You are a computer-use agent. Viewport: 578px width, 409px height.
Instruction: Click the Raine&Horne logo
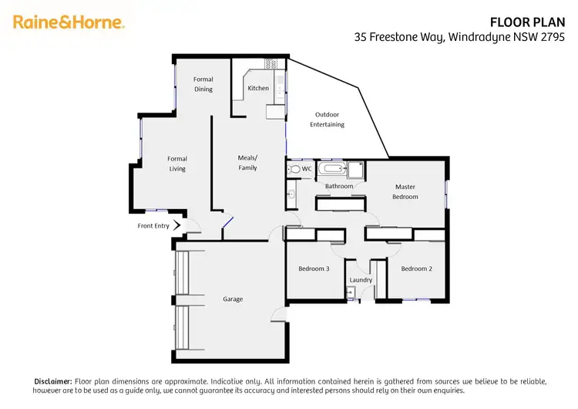(x=69, y=22)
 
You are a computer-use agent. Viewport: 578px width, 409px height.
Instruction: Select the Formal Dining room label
(x=203, y=84)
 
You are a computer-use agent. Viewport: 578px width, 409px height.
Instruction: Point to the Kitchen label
(x=258, y=88)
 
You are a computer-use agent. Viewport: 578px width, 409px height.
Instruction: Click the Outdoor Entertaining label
(x=327, y=120)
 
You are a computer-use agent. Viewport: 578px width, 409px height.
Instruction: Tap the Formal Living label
(x=177, y=164)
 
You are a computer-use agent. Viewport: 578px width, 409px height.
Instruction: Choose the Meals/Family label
(x=247, y=162)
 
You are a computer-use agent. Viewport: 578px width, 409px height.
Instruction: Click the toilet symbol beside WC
(x=294, y=168)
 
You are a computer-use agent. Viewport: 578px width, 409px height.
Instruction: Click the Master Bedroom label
(x=405, y=191)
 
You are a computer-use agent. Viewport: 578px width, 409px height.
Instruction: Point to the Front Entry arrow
(x=177, y=225)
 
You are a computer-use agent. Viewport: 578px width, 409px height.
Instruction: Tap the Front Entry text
(x=153, y=226)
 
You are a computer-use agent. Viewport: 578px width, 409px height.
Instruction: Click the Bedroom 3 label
(x=314, y=269)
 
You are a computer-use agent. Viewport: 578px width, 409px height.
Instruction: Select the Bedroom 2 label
(x=415, y=269)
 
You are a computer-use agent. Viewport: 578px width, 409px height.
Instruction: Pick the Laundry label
(x=361, y=280)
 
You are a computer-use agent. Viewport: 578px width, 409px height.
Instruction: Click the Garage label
(x=233, y=299)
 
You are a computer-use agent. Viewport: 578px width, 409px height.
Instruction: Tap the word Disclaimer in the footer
(x=53, y=381)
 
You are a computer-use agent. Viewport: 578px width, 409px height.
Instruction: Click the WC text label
(x=307, y=168)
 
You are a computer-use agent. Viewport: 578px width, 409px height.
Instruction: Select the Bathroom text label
(x=338, y=186)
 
